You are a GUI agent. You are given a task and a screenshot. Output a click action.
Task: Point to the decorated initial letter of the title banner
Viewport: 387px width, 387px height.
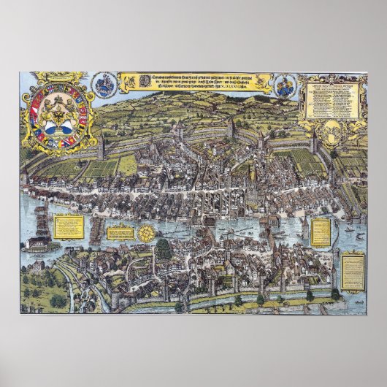click(126, 78)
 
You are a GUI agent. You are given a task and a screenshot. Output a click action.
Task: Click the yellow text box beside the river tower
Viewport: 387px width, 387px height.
click(319, 231)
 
